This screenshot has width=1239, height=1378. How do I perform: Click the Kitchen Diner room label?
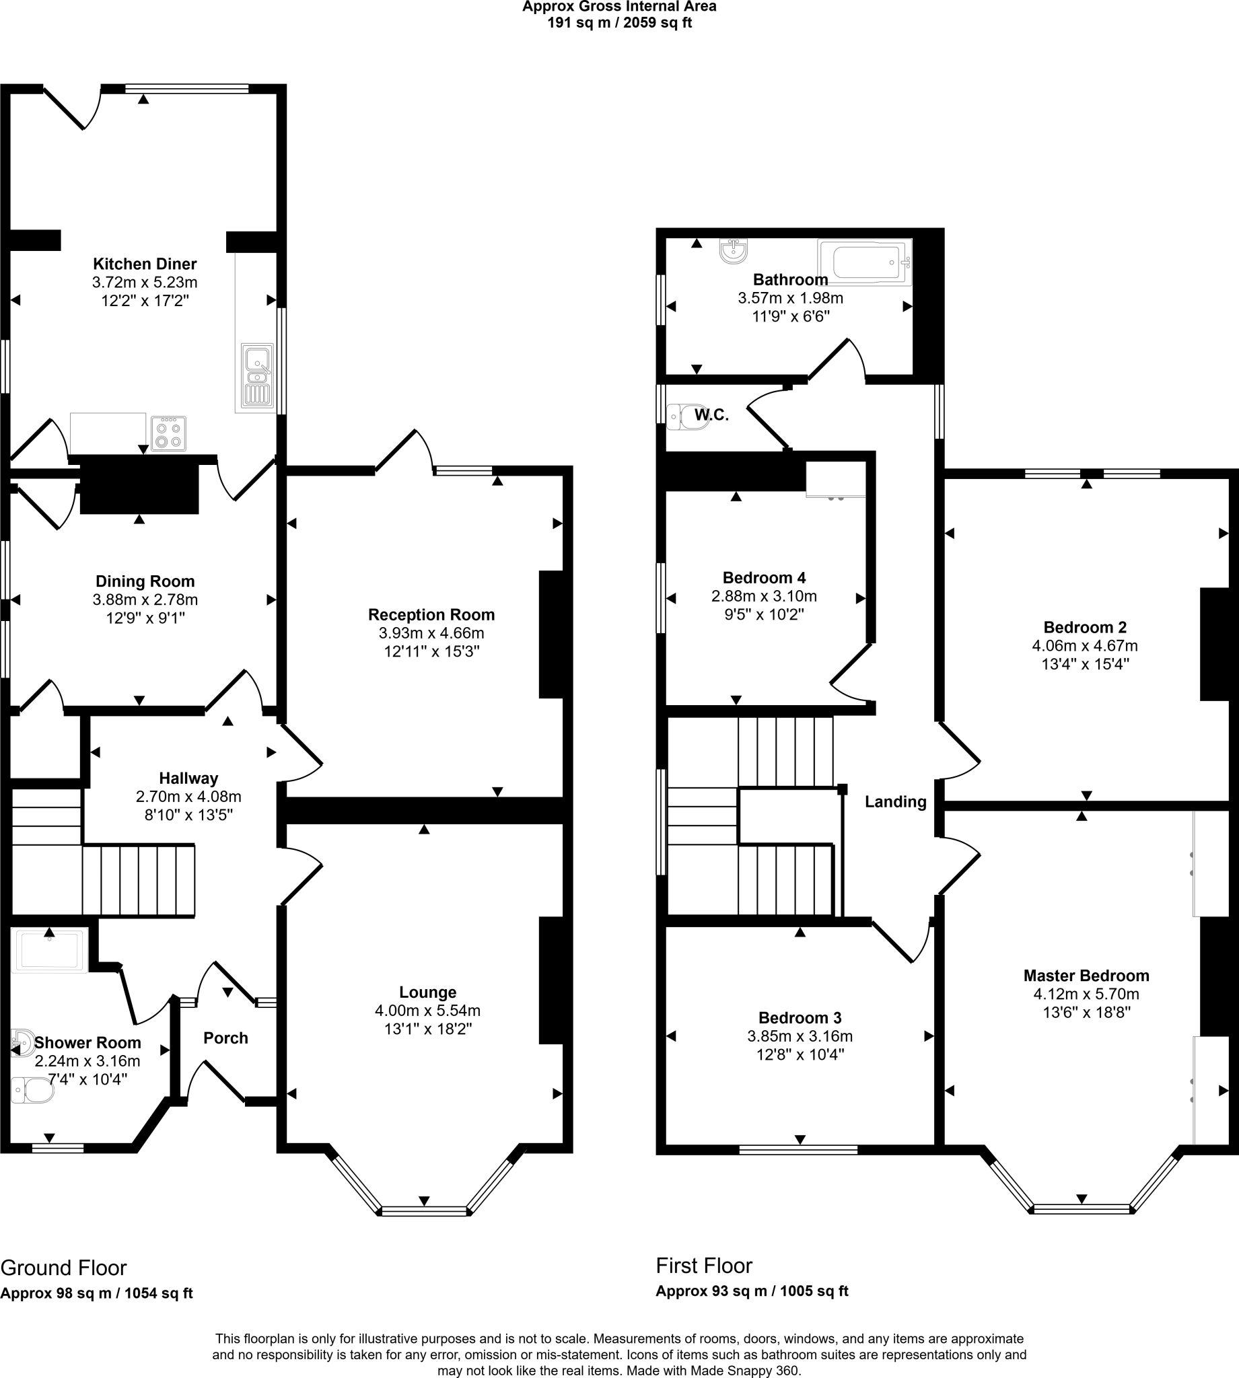[144, 264]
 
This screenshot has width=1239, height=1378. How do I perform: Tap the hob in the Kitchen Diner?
[169, 433]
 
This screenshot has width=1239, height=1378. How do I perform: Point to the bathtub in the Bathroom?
[865, 261]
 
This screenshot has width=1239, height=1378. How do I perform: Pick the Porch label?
[226, 1038]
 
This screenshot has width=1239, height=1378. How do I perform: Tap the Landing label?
[896, 801]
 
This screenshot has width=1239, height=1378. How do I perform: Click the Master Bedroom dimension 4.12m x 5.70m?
[1086, 994]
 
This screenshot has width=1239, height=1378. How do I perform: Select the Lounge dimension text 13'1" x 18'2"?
[427, 1029]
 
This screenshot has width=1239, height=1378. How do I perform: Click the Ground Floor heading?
[63, 1268]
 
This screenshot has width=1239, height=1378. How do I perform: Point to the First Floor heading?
[704, 1266]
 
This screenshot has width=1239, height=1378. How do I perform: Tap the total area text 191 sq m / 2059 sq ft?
[619, 23]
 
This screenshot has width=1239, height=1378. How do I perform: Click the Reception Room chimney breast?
[551, 634]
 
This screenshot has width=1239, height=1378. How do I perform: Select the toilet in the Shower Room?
[33, 1089]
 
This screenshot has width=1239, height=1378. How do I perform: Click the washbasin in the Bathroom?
[733, 250]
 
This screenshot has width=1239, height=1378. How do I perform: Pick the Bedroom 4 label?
[764, 578]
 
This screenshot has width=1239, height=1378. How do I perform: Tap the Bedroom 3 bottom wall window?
[798, 1149]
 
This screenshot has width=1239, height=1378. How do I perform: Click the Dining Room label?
[145, 581]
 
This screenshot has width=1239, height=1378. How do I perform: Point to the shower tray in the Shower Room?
[50, 951]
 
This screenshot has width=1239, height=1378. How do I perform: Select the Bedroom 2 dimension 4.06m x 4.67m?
[1085, 645]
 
